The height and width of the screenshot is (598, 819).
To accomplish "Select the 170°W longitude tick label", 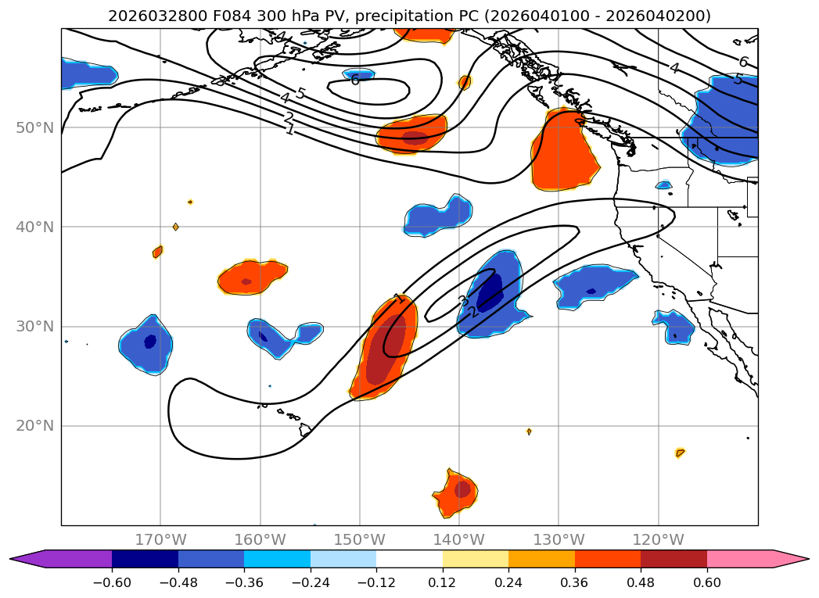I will (x=161, y=539).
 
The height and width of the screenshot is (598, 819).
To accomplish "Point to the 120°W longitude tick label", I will (x=659, y=539).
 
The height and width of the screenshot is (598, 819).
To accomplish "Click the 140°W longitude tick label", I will (x=459, y=539).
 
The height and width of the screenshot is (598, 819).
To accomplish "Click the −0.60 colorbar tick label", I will (x=112, y=584).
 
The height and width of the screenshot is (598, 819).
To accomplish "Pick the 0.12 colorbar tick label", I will (x=443, y=584).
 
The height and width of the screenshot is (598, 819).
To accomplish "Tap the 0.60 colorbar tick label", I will (x=707, y=584).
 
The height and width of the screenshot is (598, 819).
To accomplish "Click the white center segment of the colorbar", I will (x=409, y=559).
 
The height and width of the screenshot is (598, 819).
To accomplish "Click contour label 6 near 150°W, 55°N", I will (x=355, y=80).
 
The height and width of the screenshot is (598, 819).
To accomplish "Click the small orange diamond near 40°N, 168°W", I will (x=175, y=227).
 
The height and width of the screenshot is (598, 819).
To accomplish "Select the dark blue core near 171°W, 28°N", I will (x=150, y=342).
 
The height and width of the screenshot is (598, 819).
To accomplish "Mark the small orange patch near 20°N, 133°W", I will (x=529, y=431).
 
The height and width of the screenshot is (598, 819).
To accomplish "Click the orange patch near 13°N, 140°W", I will (x=457, y=492).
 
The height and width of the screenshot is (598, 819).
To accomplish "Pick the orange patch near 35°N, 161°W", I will (x=252, y=278).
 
